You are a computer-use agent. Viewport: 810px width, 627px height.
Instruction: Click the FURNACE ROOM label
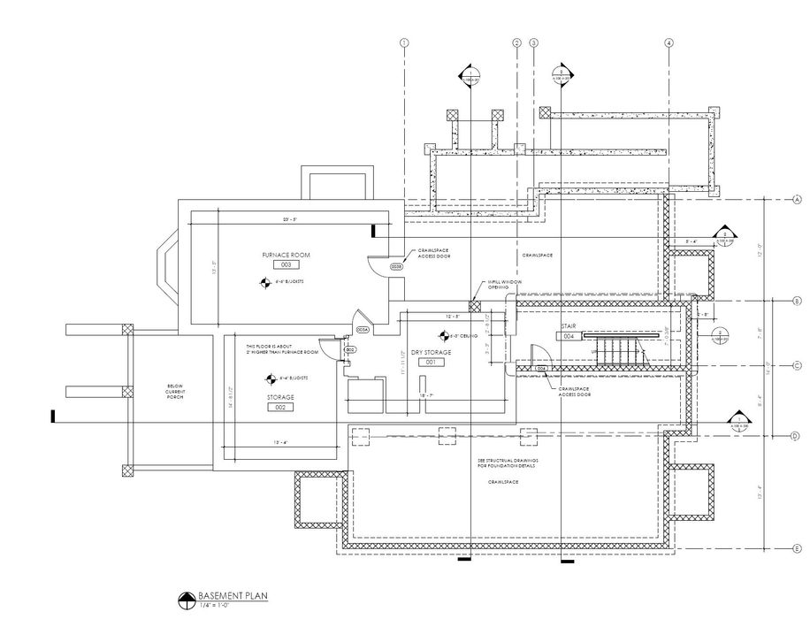point(286,255)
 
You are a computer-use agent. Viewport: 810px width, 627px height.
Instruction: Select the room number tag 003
point(286,264)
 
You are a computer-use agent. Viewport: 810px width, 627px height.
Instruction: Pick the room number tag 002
point(279,408)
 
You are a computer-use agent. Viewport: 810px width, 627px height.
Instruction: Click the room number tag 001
point(432,363)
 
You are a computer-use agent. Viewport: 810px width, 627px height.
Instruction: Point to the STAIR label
point(569,326)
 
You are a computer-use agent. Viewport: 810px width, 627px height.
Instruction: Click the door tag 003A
point(362,329)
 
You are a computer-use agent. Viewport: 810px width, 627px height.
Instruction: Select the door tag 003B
point(396,265)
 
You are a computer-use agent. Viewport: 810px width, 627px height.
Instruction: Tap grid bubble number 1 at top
point(404,42)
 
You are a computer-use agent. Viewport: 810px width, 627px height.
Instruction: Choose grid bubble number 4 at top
point(669,42)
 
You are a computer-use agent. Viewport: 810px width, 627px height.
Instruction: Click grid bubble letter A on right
point(797,200)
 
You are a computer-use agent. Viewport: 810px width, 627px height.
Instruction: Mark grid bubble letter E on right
point(797,546)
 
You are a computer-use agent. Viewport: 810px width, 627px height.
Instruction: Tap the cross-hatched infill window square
point(475,305)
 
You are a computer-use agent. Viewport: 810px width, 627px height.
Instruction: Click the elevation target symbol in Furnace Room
point(264,284)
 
